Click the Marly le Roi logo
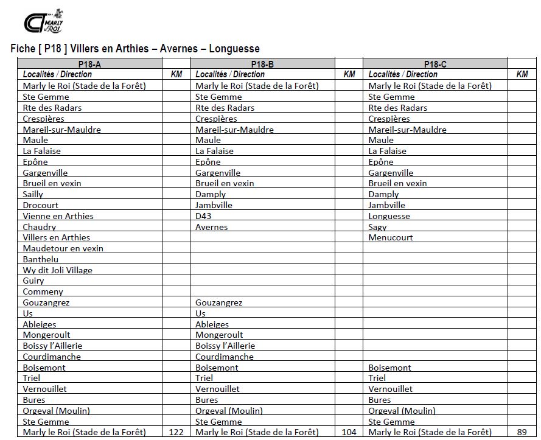coord(43,22)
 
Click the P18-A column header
coord(90,64)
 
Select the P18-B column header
coord(262,64)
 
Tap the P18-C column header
coord(435,64)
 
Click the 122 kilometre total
coord(176,433)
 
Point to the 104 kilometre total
coord(349,433)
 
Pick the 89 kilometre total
coord(522,433)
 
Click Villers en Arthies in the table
coord(56,238)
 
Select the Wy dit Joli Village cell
coord(57,270)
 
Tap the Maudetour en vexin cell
coord(63,248)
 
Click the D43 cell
coord(203,216)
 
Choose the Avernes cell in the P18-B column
coord(211,227)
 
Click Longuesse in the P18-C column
coord(389,216)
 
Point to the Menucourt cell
coord(390,238)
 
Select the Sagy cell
coord(377,227)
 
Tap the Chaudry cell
coord(39,227)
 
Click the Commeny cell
coord(43,292)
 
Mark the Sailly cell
coord(33,194)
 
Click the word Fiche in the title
coord(23,49)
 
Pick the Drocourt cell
coord(40,205)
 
